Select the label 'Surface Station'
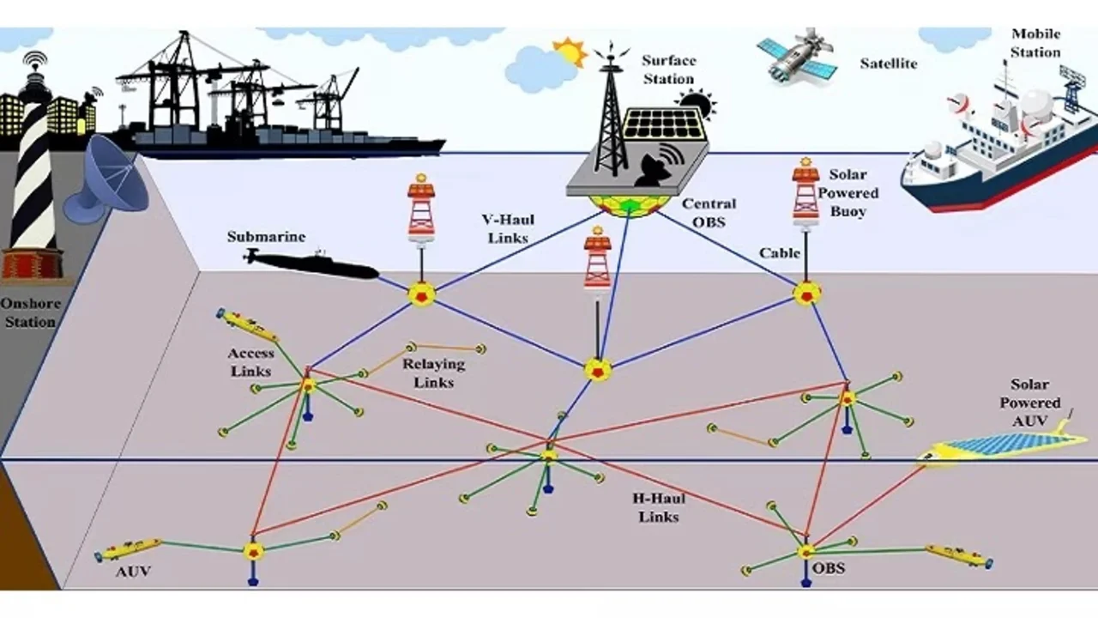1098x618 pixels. click(x=668, y=70)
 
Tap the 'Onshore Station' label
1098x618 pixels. click(x=28, y=312)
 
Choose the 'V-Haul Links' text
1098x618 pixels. click(x=508, y=228)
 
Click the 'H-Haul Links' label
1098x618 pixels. click(x=659, y=507)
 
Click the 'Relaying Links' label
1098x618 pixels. click(x=433, y=373)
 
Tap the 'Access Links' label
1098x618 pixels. click(x=250, y=361)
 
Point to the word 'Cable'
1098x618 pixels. click(x=780, y=253)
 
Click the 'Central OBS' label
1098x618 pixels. click(x=709, y=212)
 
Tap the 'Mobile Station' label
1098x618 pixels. click(x=1035, y=43)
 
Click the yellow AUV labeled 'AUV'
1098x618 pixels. click(x=129, y=548)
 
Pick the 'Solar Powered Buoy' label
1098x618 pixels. click(x=848, y=192)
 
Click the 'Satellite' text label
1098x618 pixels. click(x=888, y=64)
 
